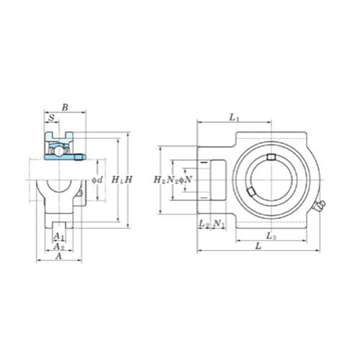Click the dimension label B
pos(66,108)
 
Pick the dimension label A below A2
pos(59,256)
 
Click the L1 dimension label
pos(234,116)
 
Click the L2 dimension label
pos(204,225)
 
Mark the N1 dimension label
pos(220,225)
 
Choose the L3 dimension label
pos(270,235)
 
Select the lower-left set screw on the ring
pos(248,192)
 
